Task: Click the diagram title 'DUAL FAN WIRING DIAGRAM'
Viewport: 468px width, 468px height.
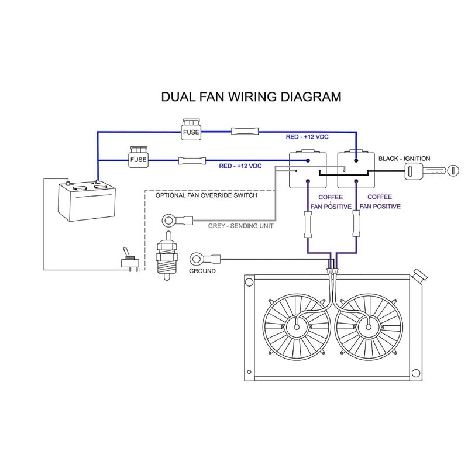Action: tap(251, 97)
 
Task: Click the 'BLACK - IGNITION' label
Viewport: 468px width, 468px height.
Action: tap(404, 159)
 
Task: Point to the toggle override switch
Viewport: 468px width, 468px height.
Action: tap(128, 258)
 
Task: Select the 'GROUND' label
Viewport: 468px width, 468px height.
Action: tap(202, 271)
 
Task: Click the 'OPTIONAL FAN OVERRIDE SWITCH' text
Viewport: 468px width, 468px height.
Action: tap(206, 195)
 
